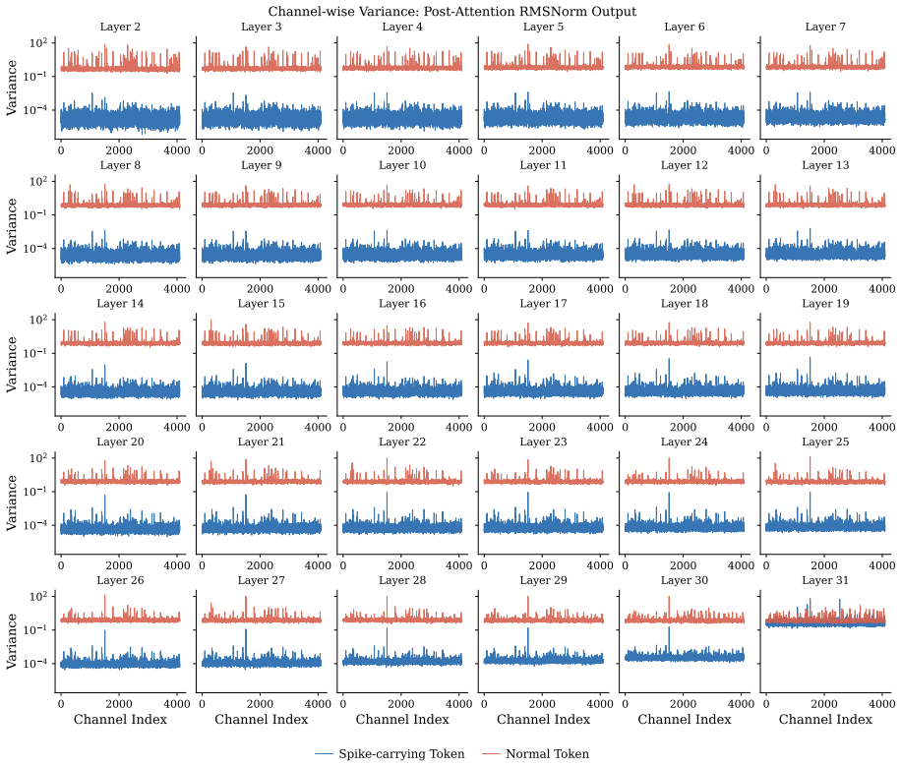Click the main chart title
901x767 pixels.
click(452, 12)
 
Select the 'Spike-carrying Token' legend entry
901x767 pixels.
click(390, 754)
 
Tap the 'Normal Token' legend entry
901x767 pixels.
click(535, 754)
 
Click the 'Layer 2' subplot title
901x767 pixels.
click(120, 27)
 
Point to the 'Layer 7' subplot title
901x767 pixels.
click(825, 27)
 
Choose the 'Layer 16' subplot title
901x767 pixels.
click(402, 303)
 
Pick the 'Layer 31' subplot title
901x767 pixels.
click(825, 580)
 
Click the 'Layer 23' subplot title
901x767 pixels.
click(543, 442)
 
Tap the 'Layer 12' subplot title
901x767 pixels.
click(685, 165)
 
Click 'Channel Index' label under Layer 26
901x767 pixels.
click(120, 720)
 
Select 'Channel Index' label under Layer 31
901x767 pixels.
click(825, 720)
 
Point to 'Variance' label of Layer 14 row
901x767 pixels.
click(12, 365)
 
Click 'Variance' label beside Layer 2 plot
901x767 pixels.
click(12, 88)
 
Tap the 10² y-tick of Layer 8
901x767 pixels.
click(38, 180)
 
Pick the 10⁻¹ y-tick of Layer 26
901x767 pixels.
click(35, 629)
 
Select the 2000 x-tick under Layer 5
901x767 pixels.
click(542, 150)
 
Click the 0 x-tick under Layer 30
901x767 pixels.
click(626, 704)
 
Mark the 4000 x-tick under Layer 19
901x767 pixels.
click(881, 428)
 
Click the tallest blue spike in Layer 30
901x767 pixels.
click(669, 627)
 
